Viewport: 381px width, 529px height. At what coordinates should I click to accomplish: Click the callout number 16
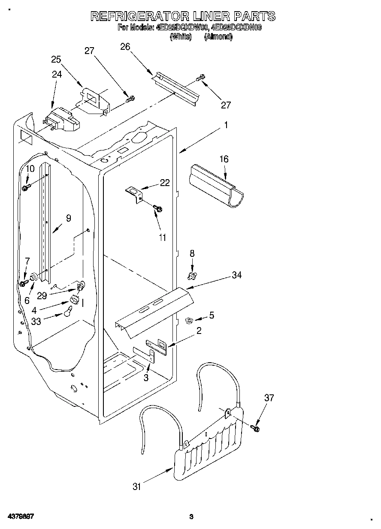224,159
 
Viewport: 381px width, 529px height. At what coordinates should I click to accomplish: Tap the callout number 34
236,276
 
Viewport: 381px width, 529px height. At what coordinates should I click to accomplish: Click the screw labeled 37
256,427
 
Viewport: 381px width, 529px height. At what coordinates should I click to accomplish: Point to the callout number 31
137,487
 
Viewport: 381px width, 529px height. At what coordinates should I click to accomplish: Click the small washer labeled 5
188,319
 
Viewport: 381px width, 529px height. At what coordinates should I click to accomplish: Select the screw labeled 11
158,209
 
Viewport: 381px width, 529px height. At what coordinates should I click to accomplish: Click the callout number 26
125,47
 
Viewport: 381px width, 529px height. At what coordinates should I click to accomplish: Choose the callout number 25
56,59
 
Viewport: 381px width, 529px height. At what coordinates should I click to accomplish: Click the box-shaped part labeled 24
62,120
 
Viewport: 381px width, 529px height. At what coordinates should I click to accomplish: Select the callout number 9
69,218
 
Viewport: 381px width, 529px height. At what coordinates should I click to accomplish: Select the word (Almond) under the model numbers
218,37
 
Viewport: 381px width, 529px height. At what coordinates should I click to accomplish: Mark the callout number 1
226,126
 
